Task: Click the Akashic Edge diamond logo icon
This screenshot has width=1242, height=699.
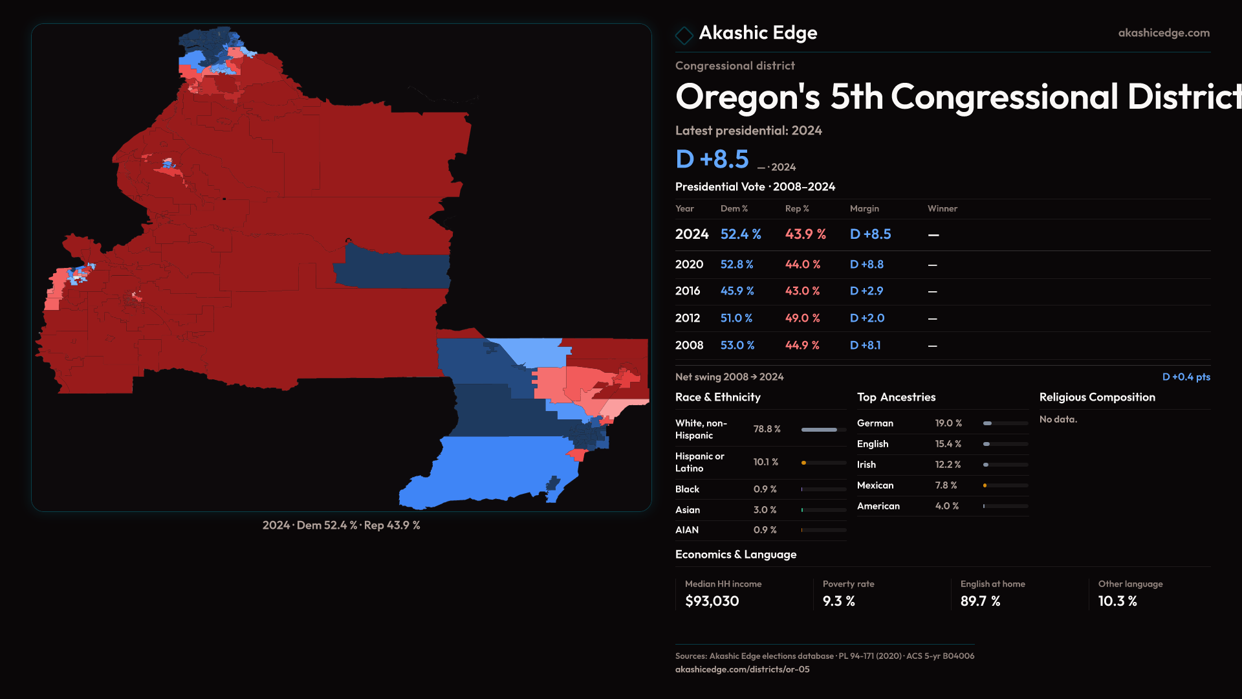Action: pos(684,35)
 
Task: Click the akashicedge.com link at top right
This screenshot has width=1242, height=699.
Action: pos(1164,33)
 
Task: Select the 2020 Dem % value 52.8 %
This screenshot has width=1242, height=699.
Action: pos(737,265)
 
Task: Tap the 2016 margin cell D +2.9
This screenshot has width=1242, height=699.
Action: pos(866,291)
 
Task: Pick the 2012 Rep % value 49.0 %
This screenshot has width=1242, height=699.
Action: pos(802,318)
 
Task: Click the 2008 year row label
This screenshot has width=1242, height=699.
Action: pos(689,346)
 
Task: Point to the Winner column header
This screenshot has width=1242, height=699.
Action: pos(942,208)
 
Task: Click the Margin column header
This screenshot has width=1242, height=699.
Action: pos(864,208)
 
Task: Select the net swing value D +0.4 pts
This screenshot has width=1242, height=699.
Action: pos(1186,377)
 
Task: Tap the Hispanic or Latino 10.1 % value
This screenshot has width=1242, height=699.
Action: pos(766,462)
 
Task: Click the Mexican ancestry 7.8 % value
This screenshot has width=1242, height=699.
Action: pos(946,485)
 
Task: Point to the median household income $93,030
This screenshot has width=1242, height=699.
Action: pos(712,601)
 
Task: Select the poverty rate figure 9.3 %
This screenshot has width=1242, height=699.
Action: pos(838,601)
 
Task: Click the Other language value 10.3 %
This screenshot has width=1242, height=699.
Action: pos(1117,601)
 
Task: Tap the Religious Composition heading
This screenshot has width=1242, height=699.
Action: pos(1097,397)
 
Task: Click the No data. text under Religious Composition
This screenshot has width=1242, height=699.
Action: pos(1058,419)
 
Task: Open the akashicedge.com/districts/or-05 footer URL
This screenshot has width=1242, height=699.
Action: pos(742,669)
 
